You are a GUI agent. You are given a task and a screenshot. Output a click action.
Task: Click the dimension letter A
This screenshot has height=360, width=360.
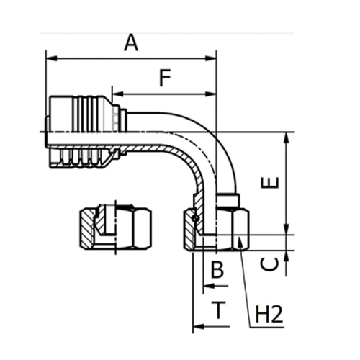(130, 43)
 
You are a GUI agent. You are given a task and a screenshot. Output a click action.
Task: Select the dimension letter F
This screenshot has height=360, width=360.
(165, 77)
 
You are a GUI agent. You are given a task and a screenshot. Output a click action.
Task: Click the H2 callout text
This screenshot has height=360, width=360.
(268, 314)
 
